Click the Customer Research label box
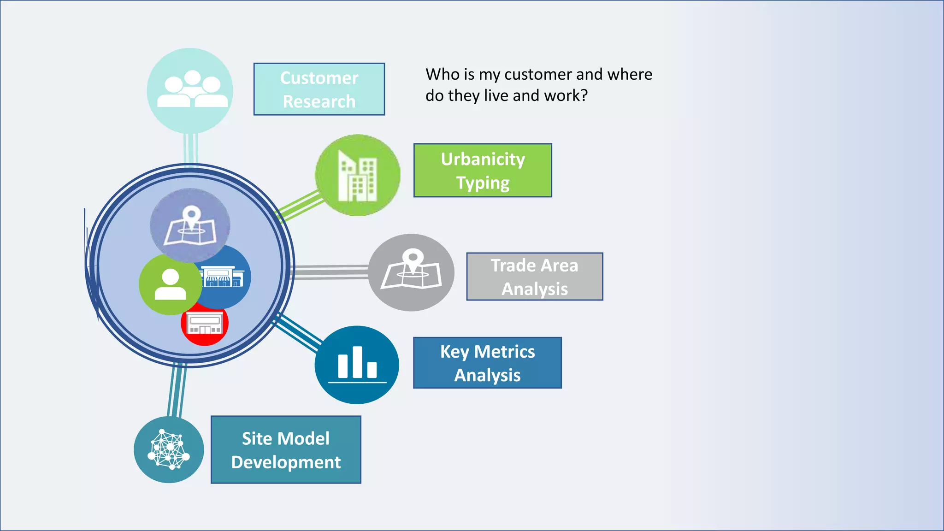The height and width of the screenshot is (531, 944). pos(319,89)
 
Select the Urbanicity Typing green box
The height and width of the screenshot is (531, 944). pos(483,171)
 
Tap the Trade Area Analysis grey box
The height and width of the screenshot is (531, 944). pos(534,277)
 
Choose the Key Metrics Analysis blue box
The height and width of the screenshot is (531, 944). pos(487,363)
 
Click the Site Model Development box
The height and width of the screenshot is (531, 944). pos(286,450)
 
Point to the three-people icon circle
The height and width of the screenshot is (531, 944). pos(190,90)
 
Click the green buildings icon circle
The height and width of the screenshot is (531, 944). pos(357,175)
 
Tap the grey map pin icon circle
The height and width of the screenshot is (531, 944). pos(411,272)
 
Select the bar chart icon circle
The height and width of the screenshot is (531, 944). pos(357,365)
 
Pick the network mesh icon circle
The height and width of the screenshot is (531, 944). pos(169,450)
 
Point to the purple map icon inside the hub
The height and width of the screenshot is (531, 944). pos(190,225)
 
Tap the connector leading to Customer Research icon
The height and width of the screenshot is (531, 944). pos(191,148)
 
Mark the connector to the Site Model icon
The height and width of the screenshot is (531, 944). pos(177,389)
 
